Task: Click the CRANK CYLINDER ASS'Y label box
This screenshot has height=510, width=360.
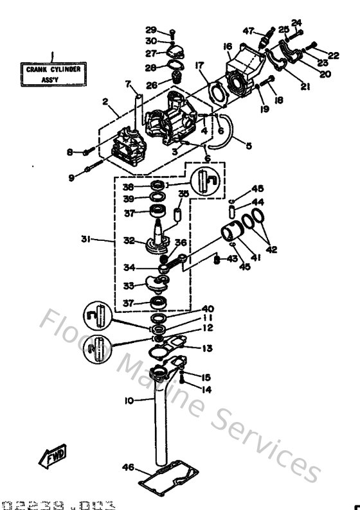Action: coord(54,73)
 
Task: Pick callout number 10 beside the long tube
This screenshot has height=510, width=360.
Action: coord(129,400)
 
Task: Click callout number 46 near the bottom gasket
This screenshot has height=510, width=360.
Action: coord(129,468)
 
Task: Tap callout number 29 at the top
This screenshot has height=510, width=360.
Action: coord(150,30)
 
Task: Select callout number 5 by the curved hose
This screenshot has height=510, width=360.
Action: coord(248,146)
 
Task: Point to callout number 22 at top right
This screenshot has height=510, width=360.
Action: coord(333,55)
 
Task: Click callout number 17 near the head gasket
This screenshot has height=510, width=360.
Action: coord(199,65)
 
